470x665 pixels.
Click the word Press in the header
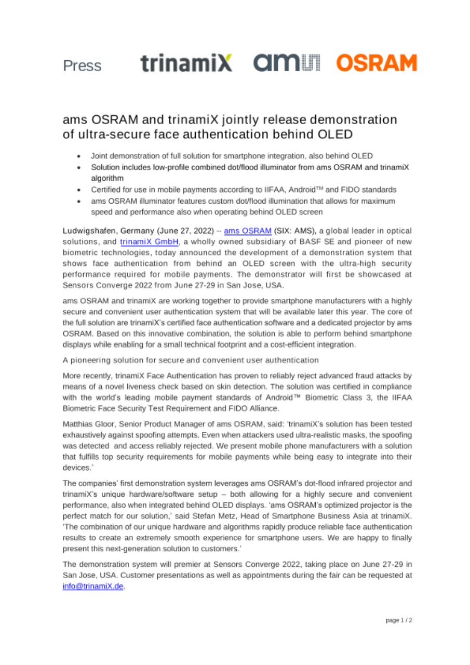82,66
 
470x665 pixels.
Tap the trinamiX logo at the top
186,63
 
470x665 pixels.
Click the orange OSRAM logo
377,63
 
